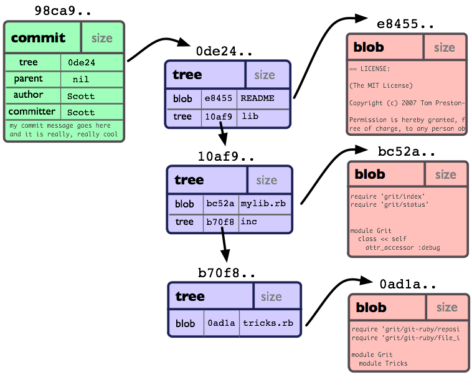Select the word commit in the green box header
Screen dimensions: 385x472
[38, 38]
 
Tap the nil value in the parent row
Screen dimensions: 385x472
[80, 79]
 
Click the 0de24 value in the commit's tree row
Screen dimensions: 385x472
[81, 62]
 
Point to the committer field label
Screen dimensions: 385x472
[32, 112]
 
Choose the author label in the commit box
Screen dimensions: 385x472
[28, 95]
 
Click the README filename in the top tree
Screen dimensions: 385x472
[257, 98]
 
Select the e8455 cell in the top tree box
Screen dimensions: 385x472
[218, 98]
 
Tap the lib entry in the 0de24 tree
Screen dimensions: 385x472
[250, 116]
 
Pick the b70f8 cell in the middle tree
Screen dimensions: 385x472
[220, 222]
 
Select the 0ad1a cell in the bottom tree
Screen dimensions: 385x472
[221, 323]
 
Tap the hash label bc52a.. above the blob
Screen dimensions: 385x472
[407, 151]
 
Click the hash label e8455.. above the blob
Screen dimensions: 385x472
[406, 24]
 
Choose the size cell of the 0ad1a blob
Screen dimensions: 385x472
[446, 307]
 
